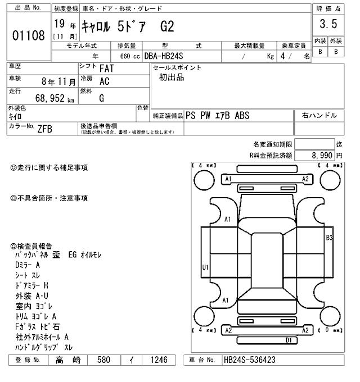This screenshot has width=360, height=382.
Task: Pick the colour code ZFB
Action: click(x=45, y=129)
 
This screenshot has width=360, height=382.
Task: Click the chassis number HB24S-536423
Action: click(x=250, y=360)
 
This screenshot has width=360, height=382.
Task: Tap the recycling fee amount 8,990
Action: click(x=320, y=154)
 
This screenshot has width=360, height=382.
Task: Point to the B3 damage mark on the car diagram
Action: click(x=330, y=238)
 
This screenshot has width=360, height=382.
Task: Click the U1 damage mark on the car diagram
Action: click(x=205, y=267)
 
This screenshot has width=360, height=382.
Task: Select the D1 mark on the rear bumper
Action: click(x=288, y=340)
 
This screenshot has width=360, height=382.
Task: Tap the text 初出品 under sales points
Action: click(x=172, y=78)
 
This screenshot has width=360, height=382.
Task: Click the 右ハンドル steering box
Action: click(x=319, y=116)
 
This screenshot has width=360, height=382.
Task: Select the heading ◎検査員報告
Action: click(x=31, y=247)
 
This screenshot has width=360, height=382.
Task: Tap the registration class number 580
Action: click(x=105, y=360)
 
